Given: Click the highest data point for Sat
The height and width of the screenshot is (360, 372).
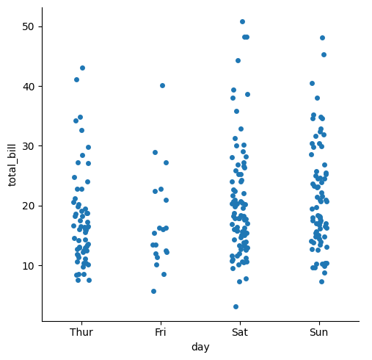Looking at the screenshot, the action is click(242, 22).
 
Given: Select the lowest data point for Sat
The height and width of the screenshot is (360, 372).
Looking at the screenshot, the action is click(236, 306).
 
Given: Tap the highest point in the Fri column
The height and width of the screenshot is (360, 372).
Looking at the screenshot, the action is click(162, 85).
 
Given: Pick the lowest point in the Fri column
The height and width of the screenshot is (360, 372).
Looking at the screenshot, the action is click(153, 291).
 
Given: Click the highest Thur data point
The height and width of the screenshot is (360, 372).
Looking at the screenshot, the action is click(82, 68).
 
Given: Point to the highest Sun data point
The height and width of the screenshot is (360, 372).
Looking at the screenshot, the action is click(322, 37).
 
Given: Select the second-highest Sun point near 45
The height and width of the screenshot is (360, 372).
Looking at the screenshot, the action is click(324, 54).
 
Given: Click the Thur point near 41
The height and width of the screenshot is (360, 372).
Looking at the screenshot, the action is click(76, 79).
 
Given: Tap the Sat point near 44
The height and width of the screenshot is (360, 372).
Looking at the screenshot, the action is click(238, 60).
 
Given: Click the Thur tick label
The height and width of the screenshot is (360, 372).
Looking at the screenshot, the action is click(81, 332).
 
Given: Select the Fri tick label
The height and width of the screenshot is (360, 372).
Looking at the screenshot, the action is click(161, 332).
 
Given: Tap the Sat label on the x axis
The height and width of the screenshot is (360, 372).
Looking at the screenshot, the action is click(240, 332).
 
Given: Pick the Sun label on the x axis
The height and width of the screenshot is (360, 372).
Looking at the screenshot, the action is click(319, 332).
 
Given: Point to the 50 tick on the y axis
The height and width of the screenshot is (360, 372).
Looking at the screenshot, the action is click(28, 26).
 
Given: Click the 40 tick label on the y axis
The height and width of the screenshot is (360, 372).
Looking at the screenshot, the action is click(28, 87).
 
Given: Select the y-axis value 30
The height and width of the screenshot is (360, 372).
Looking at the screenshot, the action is click(28, 146).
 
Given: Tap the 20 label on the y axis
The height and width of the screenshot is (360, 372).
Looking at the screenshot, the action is click(28, 206).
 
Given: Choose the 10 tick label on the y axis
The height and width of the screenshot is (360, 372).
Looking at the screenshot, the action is click(28, 266).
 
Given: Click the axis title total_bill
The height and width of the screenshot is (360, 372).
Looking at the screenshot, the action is click(12, 165).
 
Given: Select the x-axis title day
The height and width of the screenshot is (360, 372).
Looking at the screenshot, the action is click(200, 348).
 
